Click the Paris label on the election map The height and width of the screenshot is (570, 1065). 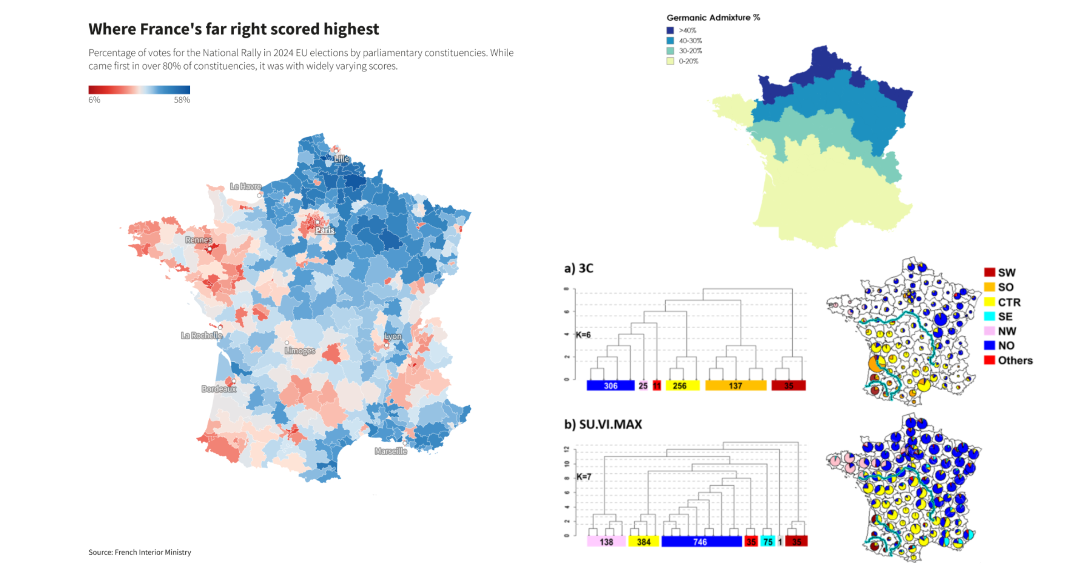tap(324, 230)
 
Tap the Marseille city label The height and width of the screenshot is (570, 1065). tap(391, 451)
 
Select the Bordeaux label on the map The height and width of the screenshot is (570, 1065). tap(219, 389)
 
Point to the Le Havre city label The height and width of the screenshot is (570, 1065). tap(246, 186)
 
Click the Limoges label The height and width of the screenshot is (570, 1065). tap(300, 351)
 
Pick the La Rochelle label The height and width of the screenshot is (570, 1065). tap(201, 336)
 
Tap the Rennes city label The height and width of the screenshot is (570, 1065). tap(199, 239)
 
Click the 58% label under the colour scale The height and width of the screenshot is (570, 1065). tap(181, 100)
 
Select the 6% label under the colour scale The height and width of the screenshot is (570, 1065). tap(94, 100)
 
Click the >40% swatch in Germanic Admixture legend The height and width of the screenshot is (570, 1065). tap(670, 30)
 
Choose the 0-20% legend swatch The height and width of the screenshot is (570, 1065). tap(670, 61)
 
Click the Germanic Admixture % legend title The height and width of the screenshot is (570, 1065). tap(713, 18)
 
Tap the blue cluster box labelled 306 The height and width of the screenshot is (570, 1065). tap(610, 386)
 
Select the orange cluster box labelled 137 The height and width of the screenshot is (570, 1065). tap(735, 386)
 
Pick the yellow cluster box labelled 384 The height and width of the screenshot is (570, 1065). tap(643, 541)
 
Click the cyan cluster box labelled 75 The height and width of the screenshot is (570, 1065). tap(768, 541)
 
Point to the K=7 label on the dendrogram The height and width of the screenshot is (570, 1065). tap(584, 477)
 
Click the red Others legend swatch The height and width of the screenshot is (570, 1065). tap(989, 360)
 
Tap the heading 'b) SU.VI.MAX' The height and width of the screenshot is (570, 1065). tap(603, 424)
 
